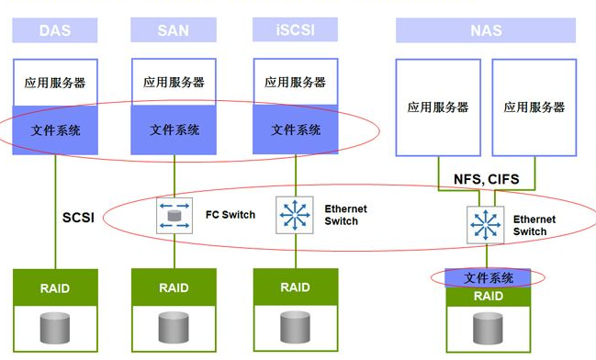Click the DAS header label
(55, 30)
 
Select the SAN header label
(174, 30)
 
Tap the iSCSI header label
(296, 30)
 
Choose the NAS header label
(486, 30)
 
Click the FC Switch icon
(173, 216)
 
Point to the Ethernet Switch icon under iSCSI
(295, 215)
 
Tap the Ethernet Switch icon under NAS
(484, 225)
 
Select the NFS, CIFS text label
(486, 180)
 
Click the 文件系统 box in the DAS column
(55, 130)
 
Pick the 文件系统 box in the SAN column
(174, 130)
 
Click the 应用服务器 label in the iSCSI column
(296, 82)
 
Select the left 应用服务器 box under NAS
(438, 107)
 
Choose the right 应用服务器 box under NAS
(534, 107)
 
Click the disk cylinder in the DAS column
(55, 326)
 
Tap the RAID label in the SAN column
(174, 287)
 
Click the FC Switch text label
(230, 215)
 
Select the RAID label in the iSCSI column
(296, 287)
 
